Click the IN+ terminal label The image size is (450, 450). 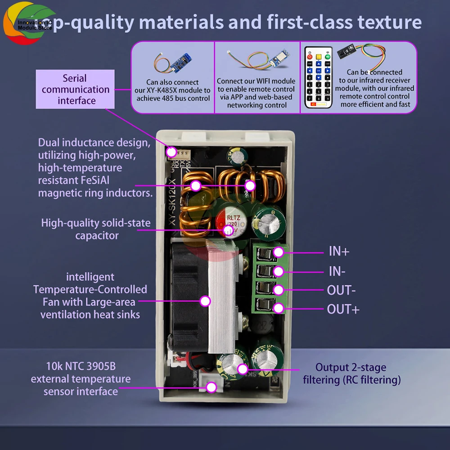pos(339,251)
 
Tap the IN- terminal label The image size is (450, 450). pos(337,271)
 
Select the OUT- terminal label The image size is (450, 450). pos(341,290)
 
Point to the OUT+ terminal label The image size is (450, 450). pos(343,309)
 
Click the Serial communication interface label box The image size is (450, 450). pos(76,89)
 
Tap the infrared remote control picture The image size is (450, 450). pos(318,77)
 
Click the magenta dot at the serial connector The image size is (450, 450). pos(171,152)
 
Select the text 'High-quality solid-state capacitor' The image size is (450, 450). pos(96,229)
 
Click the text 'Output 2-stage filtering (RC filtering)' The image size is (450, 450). pos(351,373)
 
